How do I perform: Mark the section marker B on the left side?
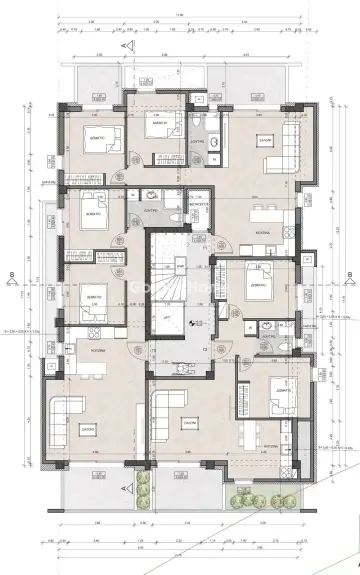click(10, 271)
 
